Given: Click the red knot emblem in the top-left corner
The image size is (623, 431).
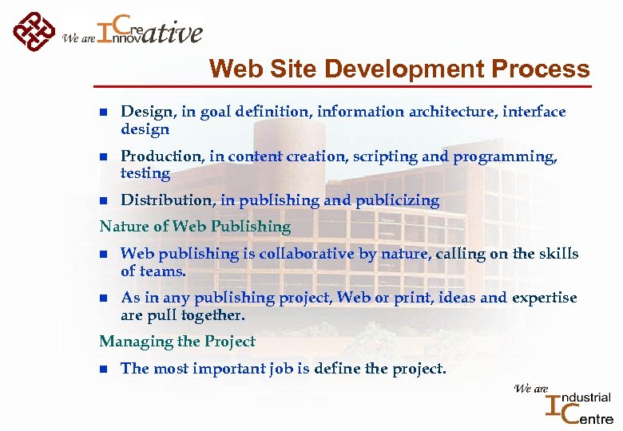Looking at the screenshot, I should pyautogui.click(x=34, y=32).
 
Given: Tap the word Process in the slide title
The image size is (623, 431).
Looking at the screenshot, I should pyautogui.click(x=541, y=69).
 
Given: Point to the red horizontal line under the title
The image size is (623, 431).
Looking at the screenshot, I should pyautogui.click(x=343, y=85).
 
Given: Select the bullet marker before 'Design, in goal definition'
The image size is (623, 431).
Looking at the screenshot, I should pyautogui.click(x=103, y=113).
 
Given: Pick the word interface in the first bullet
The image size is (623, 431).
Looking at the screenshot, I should pyautogui.click(x=534, y=112).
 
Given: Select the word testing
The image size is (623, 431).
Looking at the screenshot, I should pyautogui.click(x=145, y=173).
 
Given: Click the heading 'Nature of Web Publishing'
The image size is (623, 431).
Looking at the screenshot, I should pyautogui.click(x=195, y=227).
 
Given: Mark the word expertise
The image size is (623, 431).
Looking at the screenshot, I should pyautogui.click(x=543, y=298).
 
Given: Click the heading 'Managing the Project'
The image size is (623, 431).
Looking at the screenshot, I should pyautogui.click(x=177, y=342).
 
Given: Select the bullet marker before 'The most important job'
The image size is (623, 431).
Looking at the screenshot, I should pyautogui.click(x=103, y=369).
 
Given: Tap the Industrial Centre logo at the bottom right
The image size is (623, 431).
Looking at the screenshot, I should pyautogui.click(x=578, y=406).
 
